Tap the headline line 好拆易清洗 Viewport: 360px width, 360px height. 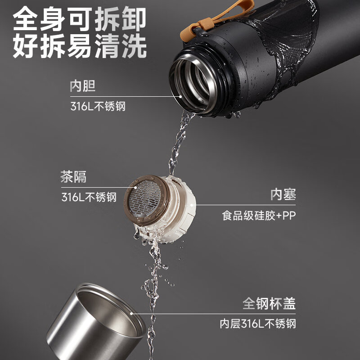point(80,46)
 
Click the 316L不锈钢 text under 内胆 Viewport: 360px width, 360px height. point(98,107)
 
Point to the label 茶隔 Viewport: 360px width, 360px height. point(73,177)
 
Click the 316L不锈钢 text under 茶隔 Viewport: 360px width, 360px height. point(89,198)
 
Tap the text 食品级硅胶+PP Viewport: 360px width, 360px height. point(259,216)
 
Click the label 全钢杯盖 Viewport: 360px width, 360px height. point(270,304)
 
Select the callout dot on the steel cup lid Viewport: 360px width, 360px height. point(131,314)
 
